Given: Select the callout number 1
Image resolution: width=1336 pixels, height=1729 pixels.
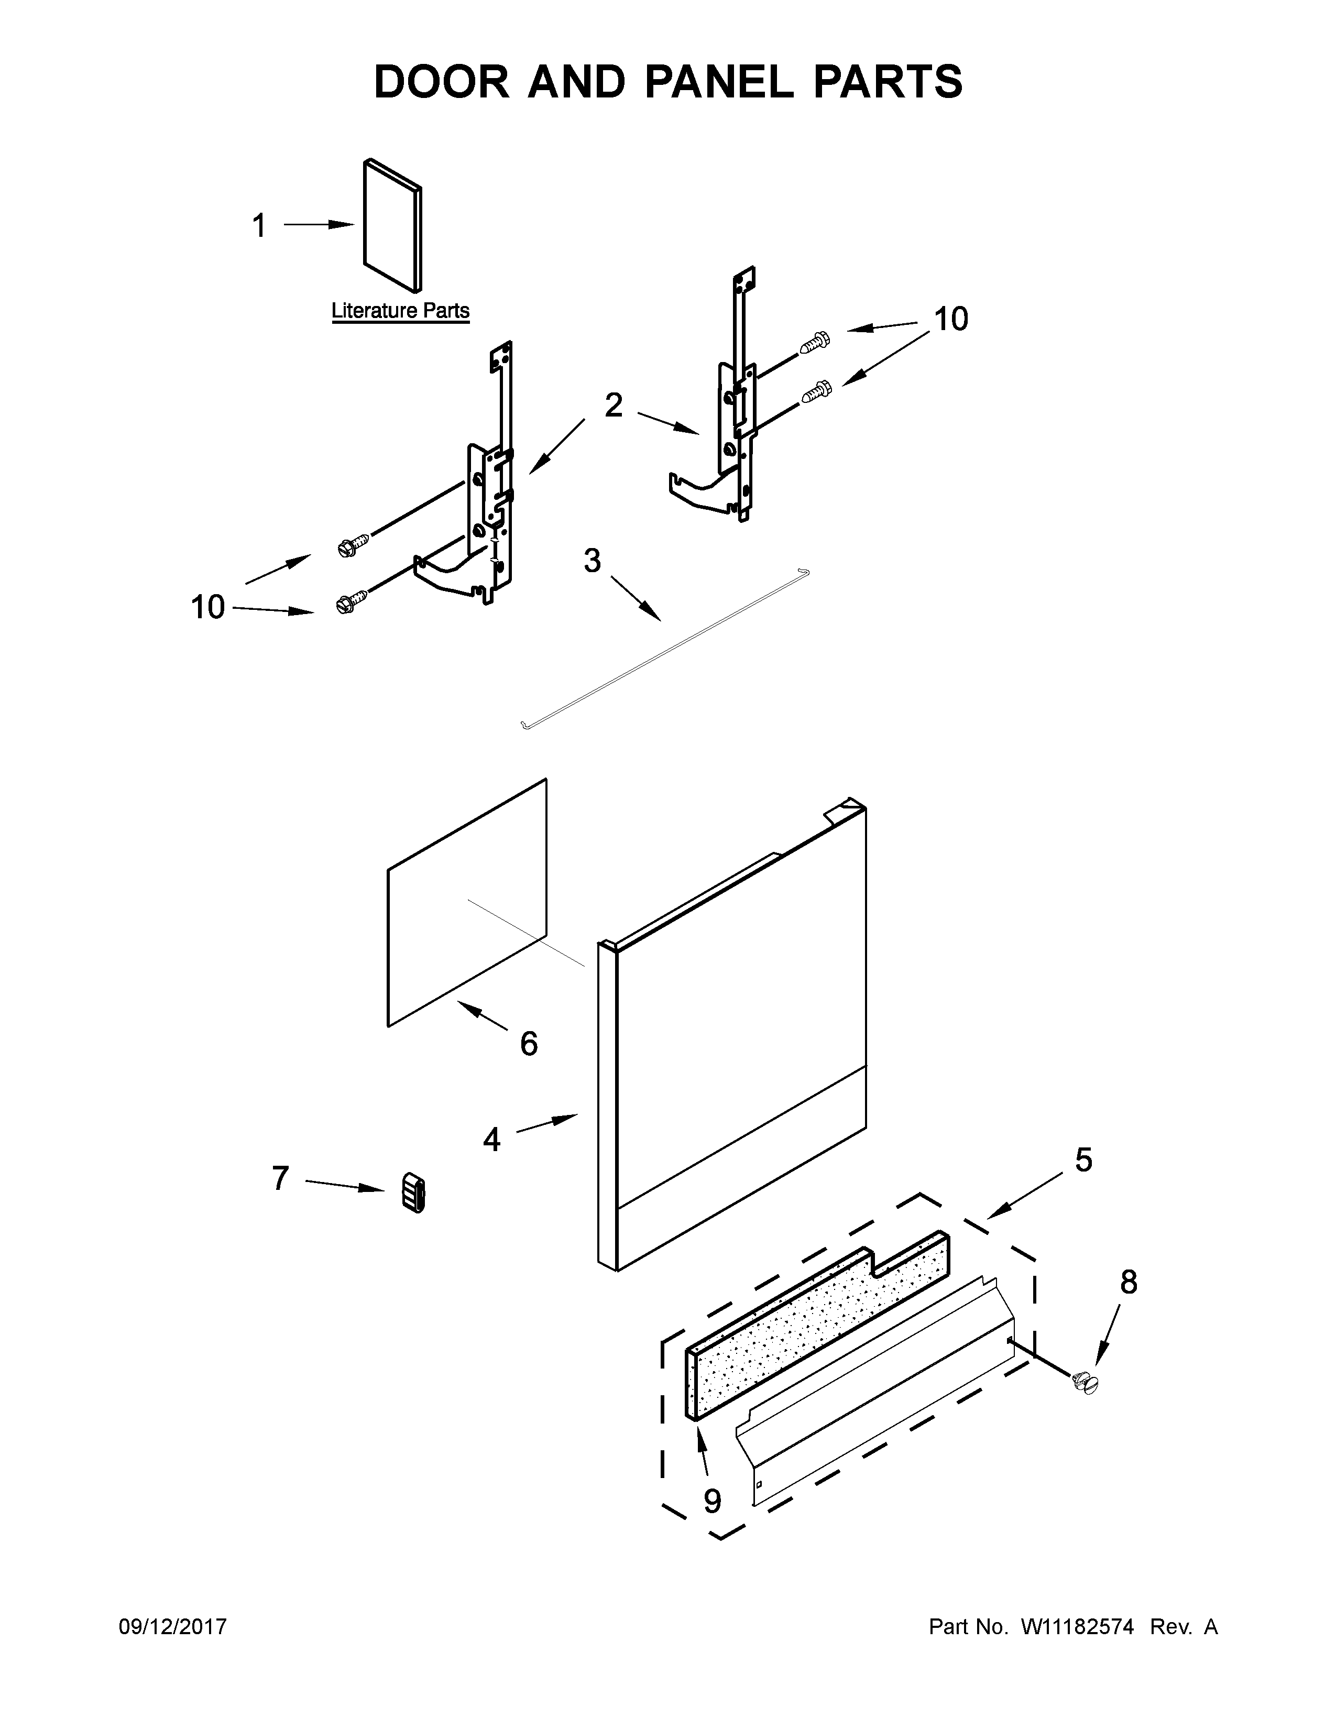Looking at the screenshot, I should click(x=259, y=226).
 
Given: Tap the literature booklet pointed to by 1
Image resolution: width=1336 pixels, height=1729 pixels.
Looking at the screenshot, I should click(x=392, y=226).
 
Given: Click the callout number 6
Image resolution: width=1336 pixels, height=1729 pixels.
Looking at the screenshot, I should click(x=529, y=1043).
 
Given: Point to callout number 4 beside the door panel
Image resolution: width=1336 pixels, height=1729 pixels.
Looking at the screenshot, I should click(x=491, y=1140).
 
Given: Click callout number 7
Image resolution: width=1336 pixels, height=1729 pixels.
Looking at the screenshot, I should click(x=280, y=1179).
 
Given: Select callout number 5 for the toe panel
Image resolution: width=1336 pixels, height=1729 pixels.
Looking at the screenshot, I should click(x=1083, y=1161).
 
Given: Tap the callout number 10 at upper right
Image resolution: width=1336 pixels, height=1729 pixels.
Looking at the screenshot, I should click(x=950, y=319).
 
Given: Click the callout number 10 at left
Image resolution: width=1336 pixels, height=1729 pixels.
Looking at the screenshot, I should click(x=207, y=607).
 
